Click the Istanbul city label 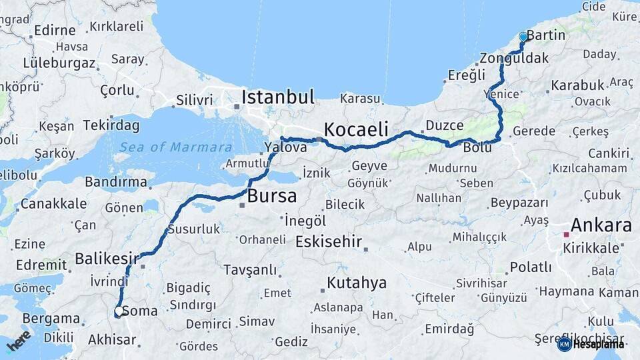point(277,97)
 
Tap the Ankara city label point(601,225)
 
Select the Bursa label point(271,197)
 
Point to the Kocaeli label point(356,129)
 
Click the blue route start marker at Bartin point(523,37)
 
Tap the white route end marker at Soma point(119,311)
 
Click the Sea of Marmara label point(176,147)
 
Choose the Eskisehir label point(329,241)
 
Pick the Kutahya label point(357,283)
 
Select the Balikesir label point(107,258)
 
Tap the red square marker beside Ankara point(566,234)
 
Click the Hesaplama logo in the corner point(591,344)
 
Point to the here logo point(19,341)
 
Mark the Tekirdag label point(111,125)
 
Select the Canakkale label point(53,203)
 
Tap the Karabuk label point(577,85)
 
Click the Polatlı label point(531,267)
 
